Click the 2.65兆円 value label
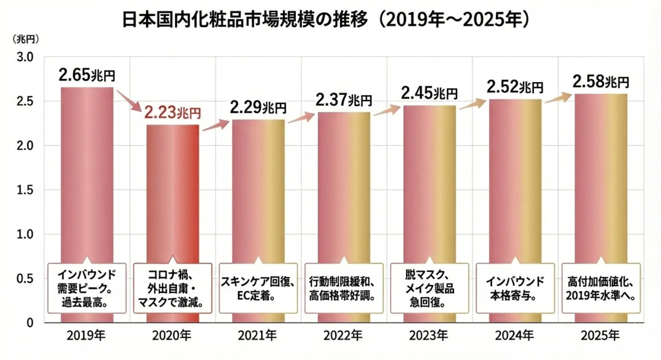click(87, 75)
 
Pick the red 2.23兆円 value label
click(172, 113)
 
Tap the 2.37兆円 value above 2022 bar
click(344, 100)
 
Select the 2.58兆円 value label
click(600, 82)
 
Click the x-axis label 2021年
click(258, 335)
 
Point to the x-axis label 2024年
click(514, 335)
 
